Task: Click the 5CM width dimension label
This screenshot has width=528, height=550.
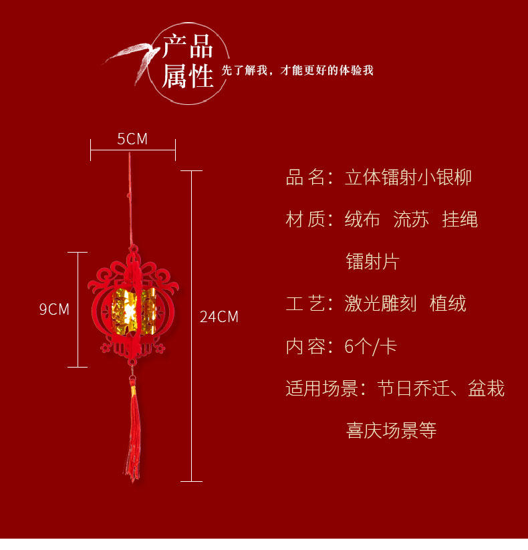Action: (132, 139)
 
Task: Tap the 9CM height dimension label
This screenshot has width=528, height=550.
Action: (54, 309)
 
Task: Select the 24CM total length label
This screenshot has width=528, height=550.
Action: (219, 317)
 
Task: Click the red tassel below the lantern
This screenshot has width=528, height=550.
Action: (132, 434)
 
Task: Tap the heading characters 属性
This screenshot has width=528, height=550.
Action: (188, 76)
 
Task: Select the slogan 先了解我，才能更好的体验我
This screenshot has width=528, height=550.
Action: (297, 70)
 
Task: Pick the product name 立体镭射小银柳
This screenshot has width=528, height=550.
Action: (408, 177)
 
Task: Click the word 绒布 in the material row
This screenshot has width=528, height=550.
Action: (362, 219)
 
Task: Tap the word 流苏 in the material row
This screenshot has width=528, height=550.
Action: (411, 219)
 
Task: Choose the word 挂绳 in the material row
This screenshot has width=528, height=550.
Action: (460, 219)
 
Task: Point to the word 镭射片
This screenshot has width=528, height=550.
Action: (372, 261)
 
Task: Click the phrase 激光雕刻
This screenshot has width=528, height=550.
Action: (380, 304)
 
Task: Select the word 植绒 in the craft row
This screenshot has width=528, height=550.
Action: (448, 304)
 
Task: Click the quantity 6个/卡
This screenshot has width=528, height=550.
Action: (371, 346)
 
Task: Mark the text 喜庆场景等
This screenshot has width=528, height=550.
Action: (391, 430)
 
